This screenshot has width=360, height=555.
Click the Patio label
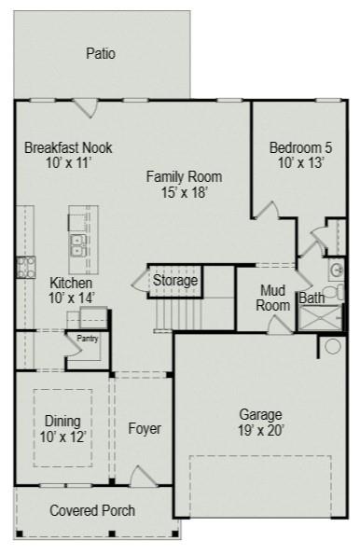pyautogui.click(x=100, y=53)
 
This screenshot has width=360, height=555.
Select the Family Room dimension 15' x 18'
pyautogui.click(x=184, y=193)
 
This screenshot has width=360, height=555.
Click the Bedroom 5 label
pyautogui.click(x=299, y=148)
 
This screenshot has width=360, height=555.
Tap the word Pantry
pyautogui.click(x=88, y=339)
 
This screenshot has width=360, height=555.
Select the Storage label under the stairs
pyautogui.click(x=175, y=280)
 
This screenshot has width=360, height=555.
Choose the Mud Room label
pyautogui.click(x=272, y=298)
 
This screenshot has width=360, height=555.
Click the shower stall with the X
pyautogui.click(x=321, y=318)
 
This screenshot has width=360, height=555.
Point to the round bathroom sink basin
pyautogui.click(x=337, y=271)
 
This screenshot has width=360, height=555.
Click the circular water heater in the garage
pyautogui.click(x=333, y=347)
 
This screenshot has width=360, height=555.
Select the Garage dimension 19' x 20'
pyautogui.click(x=261, y=430)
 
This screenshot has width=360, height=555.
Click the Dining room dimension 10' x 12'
pyautogui.click(x=62, y=437)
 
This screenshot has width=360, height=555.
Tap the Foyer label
pyautogui.click(x=145, y=429)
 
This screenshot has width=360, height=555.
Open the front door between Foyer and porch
pyautogui.click(x=142, y=478)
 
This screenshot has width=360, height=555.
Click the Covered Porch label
pyautogui.click(x=91, y=510)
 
